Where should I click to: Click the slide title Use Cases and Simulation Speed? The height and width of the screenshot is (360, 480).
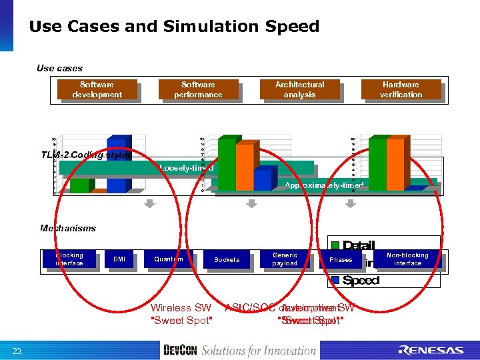pos(174,27)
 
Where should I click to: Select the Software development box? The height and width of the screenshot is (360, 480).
pos(97,89)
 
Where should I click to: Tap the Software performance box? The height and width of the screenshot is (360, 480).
pos(198,89)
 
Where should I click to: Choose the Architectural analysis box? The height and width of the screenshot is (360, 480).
pos(299,89)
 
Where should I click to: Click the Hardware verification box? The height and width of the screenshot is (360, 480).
pos(401,89)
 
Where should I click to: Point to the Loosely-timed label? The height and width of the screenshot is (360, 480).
pos(187,168)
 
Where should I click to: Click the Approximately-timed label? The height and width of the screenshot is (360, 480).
pos(324,185)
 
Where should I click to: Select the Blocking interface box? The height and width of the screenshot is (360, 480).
pos(69,259)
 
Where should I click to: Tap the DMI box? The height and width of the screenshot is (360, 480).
pos(119,259)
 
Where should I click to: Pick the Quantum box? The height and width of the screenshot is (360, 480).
pos(168,259)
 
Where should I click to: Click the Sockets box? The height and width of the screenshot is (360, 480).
pos(227,259)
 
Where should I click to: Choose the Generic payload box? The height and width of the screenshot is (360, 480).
pos(285,259)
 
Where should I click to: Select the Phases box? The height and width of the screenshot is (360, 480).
pos(341,259)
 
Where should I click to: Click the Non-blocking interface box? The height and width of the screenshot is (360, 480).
pos(407,259)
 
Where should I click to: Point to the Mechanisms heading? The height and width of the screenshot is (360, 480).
pos(68,228)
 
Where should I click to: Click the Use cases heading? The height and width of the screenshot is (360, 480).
pos(60,68)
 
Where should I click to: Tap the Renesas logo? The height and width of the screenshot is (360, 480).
pos(430,350)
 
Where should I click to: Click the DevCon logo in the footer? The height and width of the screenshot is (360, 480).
pos(180,350)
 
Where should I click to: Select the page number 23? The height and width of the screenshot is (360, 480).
pos(17,351)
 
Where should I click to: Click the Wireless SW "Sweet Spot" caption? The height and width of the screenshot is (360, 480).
pos(181,314)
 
